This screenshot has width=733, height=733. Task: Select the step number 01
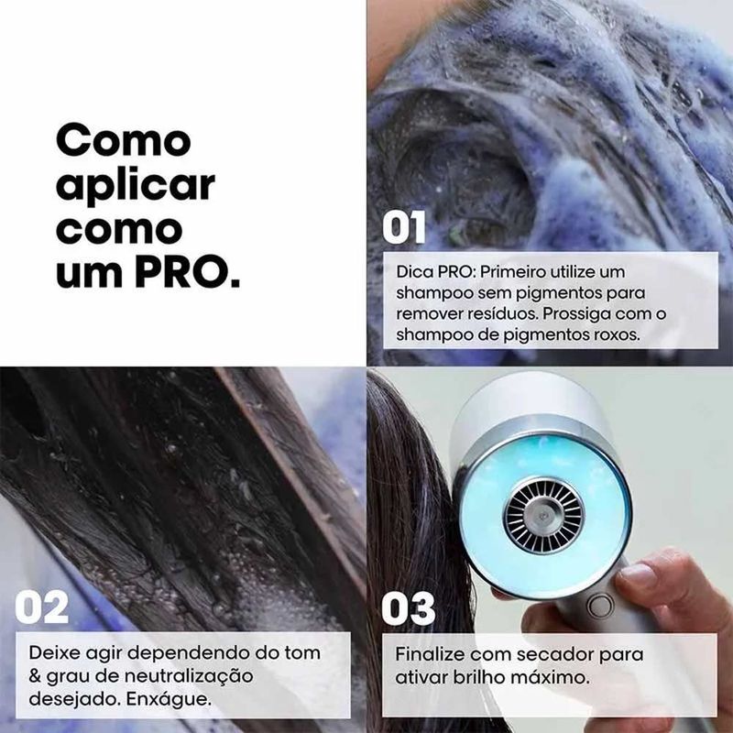[403, 227]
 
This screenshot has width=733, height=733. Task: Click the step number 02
[41, 607]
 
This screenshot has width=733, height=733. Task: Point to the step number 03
[408, 608]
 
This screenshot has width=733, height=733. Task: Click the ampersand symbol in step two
[35, 676]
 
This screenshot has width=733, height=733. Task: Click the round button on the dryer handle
[600, 607]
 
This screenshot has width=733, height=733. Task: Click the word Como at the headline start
[124, 141]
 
